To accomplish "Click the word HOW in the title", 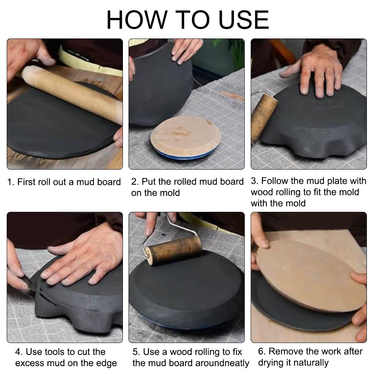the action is click(137, 20).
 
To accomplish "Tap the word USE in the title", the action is click(244, 20).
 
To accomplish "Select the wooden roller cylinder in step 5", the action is click(173, 250).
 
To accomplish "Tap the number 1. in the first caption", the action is click(11, 182).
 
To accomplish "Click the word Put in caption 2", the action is click(148, 182).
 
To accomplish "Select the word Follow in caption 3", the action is click(275, 181).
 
